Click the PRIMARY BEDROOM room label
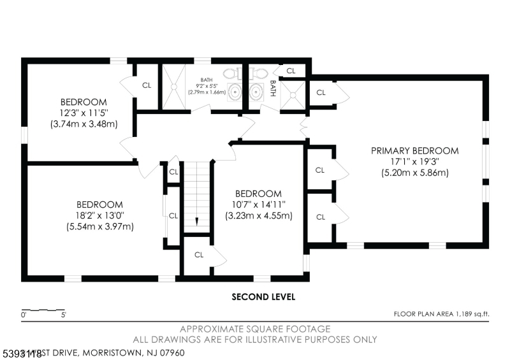coord(415,151)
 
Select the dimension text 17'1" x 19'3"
coord(415,162)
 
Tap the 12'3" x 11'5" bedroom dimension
coord(84,113)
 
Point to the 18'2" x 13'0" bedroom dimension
coord(99,215)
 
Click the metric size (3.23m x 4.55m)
coord(258,215)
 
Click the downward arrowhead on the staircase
coord(197,222)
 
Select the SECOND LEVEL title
coord(263,297)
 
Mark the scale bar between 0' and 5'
coord(44,310)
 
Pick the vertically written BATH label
coord(273,88)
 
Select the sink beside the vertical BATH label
coord(258,92)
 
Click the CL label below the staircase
coord(198,255)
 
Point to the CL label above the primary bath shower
coord(291,71)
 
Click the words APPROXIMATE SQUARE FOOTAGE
coord(255,329)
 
